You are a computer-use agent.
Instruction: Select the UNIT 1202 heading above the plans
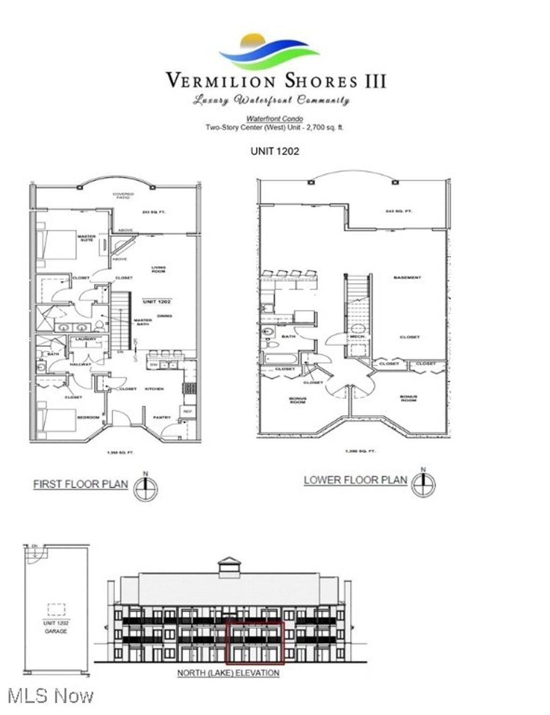tap(274, 151)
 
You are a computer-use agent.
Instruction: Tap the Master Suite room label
tap(86, 238)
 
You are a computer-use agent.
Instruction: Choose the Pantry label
tap(162, 417)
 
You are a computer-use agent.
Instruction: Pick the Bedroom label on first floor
tap(88, 417)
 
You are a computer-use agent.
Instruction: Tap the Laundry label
tap(85, 339)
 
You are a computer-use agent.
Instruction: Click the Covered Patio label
tap(123, 196)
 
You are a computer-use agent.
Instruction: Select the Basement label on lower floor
tap(407, 278)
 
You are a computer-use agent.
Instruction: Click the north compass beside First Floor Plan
tap(146, 488)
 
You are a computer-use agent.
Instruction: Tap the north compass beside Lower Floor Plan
tap(423, 483)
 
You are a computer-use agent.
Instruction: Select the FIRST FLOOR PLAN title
tap(81, 484)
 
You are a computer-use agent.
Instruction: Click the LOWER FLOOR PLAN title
tap(356, 480)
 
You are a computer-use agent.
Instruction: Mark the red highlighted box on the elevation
tap(255, 642)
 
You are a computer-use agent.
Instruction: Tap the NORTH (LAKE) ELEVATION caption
tap(228, 673)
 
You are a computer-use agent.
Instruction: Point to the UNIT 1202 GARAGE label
tap(56, 627)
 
